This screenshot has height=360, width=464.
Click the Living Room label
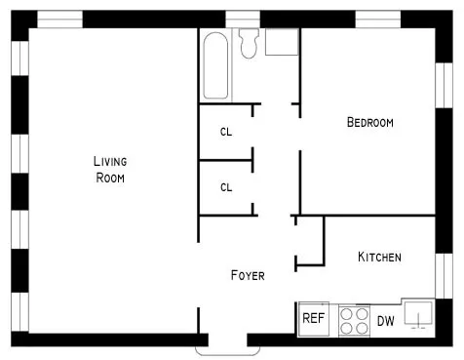[110, 170]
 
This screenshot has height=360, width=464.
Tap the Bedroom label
[370, 123]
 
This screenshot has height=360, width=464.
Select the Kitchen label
[379, 258]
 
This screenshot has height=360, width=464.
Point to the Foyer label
[247, 275]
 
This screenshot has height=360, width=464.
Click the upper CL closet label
[226, 132]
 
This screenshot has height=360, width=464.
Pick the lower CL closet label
[226, 187]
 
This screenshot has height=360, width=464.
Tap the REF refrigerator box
[312, 318]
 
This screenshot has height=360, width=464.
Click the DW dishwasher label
[386, 320]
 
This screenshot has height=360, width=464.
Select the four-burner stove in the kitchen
[353, 321]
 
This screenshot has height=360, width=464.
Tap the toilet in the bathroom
[248, 41]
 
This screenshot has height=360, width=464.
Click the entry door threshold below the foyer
[221, 343]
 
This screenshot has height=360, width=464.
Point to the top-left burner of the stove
[346, 314]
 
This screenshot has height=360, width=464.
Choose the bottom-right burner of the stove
[360, 328]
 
